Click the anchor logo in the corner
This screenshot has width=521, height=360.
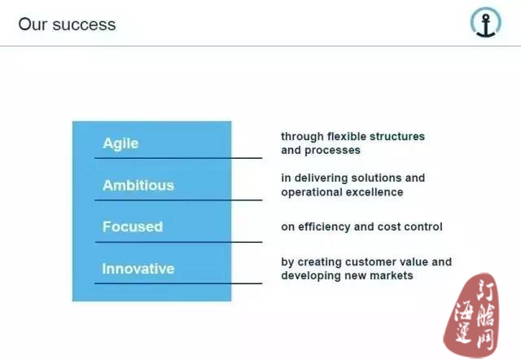pyautogui.click(x=486, y=23)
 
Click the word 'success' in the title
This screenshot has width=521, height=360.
pyautogui.click(x=84, y=24)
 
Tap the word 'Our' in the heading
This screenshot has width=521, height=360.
pyautogui.click(x=33, y=24)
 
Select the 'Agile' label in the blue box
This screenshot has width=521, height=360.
pyautogui.click(x=120, y=143)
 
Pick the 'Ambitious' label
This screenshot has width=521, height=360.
pyautogui.click(x=138, y=185)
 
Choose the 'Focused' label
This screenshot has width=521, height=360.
pyautogui.click(x=133, y=226)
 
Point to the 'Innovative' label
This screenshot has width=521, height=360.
pyautogui.click(x=138, y=269)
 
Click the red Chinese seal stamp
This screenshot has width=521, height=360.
pyautogui.click(x=471, y=316)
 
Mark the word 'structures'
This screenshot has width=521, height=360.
pyautogui.click(x=397, y=136)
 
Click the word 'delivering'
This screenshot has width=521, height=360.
pyautogui.click(x=322, y=178)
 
